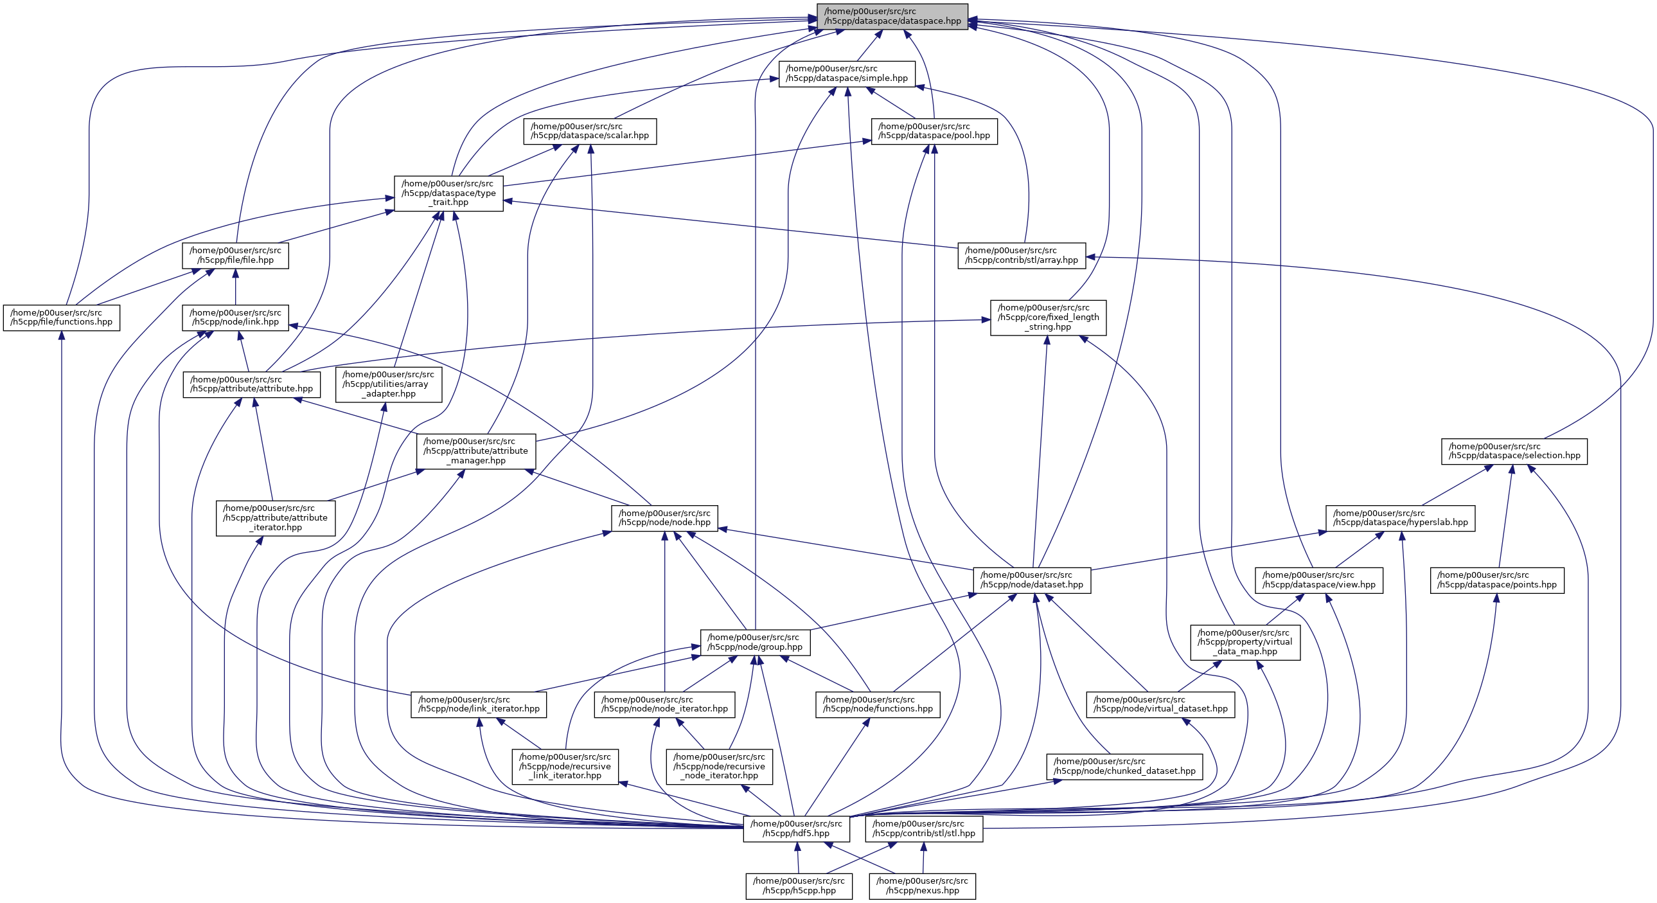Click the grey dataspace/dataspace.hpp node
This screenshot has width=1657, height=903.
(x=892, y=16)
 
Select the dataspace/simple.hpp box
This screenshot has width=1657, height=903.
(x=847, y=73)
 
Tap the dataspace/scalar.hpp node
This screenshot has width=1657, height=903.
(x=590, y=130)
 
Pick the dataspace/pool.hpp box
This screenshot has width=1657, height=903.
(x=934, y=130)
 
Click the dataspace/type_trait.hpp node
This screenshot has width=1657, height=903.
(x=448, y=193)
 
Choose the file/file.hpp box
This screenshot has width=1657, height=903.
(x=235, y=256)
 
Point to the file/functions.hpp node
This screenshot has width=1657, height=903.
(x=61, y=317)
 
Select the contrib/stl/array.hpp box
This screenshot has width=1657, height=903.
(x=1022, y=256)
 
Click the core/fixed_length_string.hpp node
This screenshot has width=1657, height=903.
(x=1048, y=317)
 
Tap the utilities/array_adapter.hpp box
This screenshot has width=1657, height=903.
(x=389, y=384)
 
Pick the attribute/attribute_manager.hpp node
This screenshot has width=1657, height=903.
(x=476, y=451)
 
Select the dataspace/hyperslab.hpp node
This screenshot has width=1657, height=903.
(x=1401, y=518)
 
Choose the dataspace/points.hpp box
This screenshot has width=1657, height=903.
(x=1497, y=580)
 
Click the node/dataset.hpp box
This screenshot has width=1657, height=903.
(x=1032, y=580)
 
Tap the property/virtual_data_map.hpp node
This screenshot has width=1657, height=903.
(x=1245, y=642)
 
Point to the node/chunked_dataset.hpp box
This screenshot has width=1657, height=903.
(x=1124, y=766)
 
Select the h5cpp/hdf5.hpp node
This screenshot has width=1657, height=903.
(x=796, y=828)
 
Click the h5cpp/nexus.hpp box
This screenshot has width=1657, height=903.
(x=922, y=886)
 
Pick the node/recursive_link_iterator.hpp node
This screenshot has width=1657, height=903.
(x=565, y=766)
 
